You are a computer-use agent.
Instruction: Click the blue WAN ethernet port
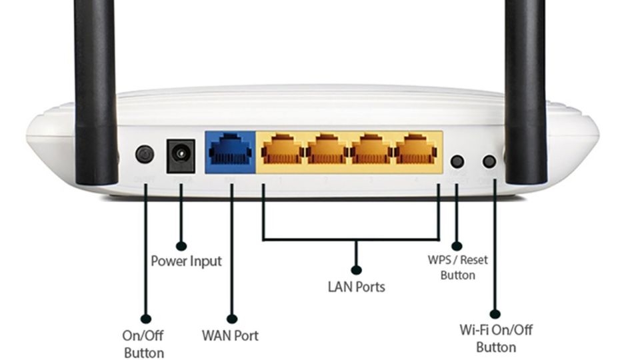(x=230, y=151)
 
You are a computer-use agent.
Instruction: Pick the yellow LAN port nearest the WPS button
(x=417, y=151)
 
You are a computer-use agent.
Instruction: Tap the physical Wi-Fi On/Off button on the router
(x=489, y=161)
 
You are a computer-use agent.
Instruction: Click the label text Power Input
(x=186, y=261)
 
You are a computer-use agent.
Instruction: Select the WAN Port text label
(x=230, y=335)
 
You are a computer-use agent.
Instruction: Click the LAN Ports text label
(x=357, y=287)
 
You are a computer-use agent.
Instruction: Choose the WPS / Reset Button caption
(x=457, y=267)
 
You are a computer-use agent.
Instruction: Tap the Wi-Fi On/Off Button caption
(x=496, y=338)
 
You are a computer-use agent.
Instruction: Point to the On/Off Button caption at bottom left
(x=143, y=343)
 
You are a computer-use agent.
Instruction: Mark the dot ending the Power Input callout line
(x=181, y=247)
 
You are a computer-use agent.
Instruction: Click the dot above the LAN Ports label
(x=357, y=270)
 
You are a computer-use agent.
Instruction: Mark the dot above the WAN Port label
(x=232, y=319)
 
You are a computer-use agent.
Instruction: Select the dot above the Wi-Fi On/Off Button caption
(x=495, y=313)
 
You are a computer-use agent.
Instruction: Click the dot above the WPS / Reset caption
(x=457, y=246)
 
